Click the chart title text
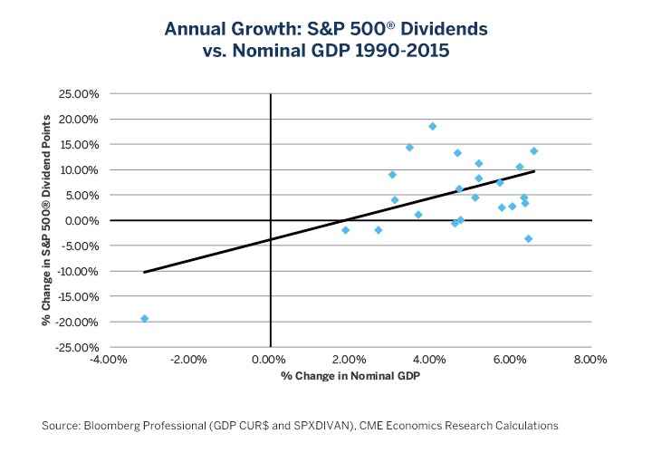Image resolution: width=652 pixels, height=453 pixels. [325, 40]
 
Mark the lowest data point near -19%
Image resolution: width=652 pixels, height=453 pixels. [145, 318]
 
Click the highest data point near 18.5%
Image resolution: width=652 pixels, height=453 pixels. [433, 126]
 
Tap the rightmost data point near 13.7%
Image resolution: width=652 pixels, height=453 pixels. [534, 150]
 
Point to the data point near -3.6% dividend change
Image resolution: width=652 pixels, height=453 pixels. [529, 238]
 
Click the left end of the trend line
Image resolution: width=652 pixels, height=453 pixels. [145, 272]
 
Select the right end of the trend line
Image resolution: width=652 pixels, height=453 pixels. [534, 171]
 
